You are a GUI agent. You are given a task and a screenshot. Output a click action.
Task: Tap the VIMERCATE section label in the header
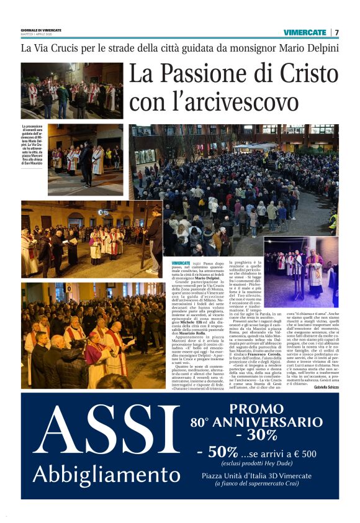305,32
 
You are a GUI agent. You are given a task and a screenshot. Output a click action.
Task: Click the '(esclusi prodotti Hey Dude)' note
258,463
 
